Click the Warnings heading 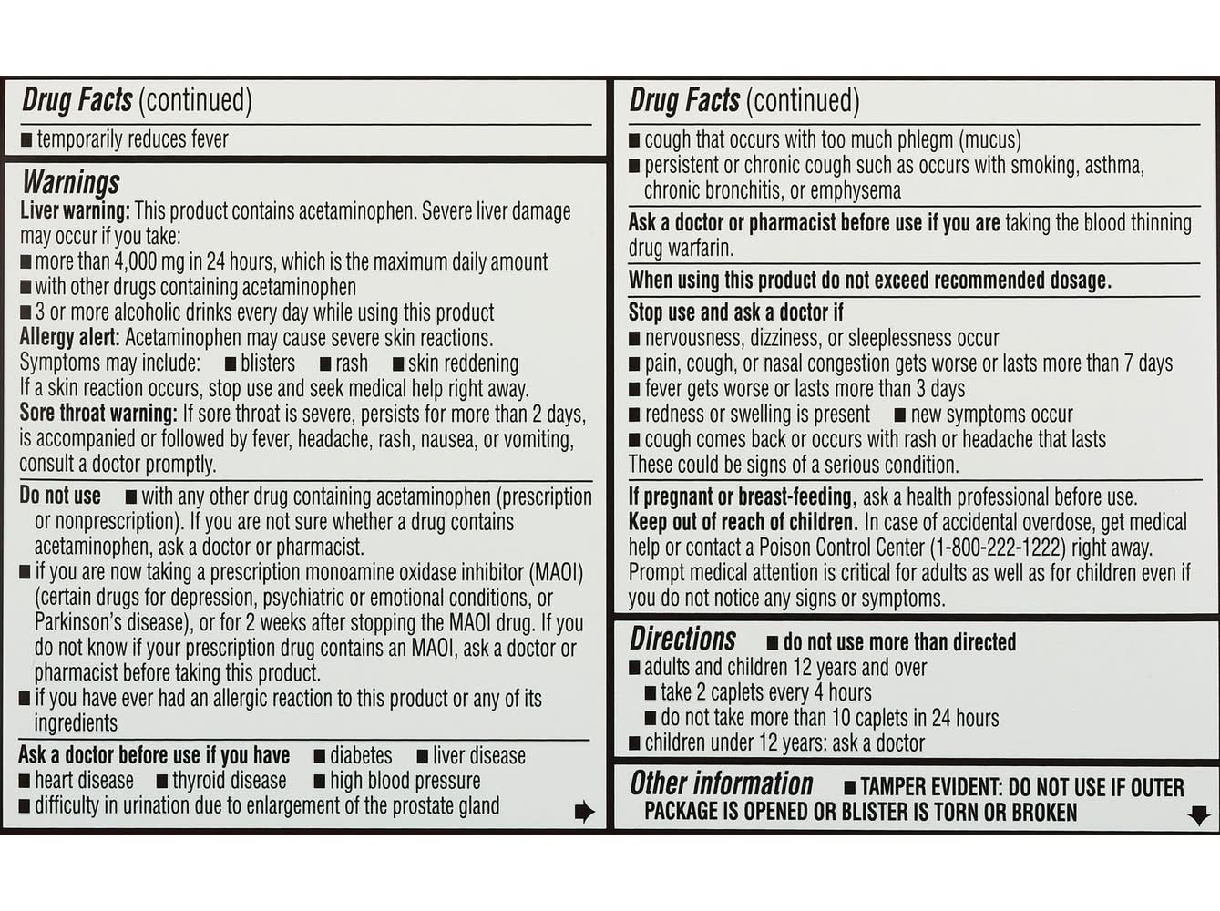click(x=71, y=182)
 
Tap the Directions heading click(x=682, y=639)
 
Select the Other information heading click(x=721, y=783)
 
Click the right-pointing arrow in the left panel click(x=584, y=812)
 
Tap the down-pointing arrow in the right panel click(x=1199, y=814)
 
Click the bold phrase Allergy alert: click(x=69, y=338)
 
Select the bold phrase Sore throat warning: click(x=98, y=414)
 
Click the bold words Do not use click(x=60, y=496)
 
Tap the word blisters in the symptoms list click(x=267, y=363)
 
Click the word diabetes click(x=361, y=756)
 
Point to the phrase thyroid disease click(x=229, y=781)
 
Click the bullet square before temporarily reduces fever click(x=26, y=140)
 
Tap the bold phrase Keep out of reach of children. click(x=743, y=523)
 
